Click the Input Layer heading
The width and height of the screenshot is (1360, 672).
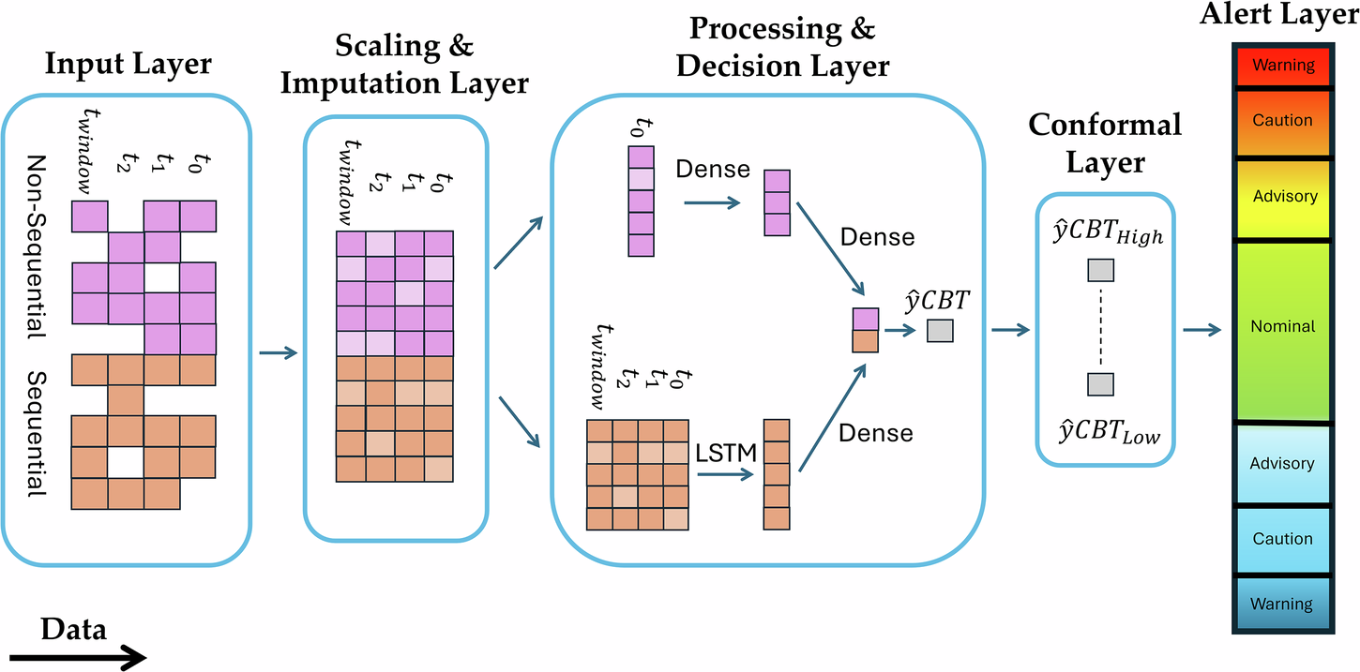(x=129, y=64)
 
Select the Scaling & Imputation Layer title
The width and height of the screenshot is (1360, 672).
(x=405, y=65)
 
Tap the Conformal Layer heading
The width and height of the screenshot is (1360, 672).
(x=1105, y=142)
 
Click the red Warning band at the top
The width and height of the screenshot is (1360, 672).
(x=1283, y=67)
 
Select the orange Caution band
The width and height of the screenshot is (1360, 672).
(x=1283, y=121)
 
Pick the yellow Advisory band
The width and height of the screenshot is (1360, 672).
(x=1284, y=197)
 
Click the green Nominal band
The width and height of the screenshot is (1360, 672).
(x=1283, y=327)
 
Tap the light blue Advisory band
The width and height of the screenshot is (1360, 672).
(x=1283, y=464)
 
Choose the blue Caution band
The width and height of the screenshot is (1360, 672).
(x=1283, y=539)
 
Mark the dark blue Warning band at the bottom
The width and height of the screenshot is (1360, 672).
(x=1283, y=605)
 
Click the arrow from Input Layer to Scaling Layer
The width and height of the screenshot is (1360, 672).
(x=277, y=353)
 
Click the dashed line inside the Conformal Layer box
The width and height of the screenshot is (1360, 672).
(x=1100, y=328)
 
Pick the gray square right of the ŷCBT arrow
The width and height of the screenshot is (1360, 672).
(x=939, y=331)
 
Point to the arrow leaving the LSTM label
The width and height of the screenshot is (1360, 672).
(x=726, y=474)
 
